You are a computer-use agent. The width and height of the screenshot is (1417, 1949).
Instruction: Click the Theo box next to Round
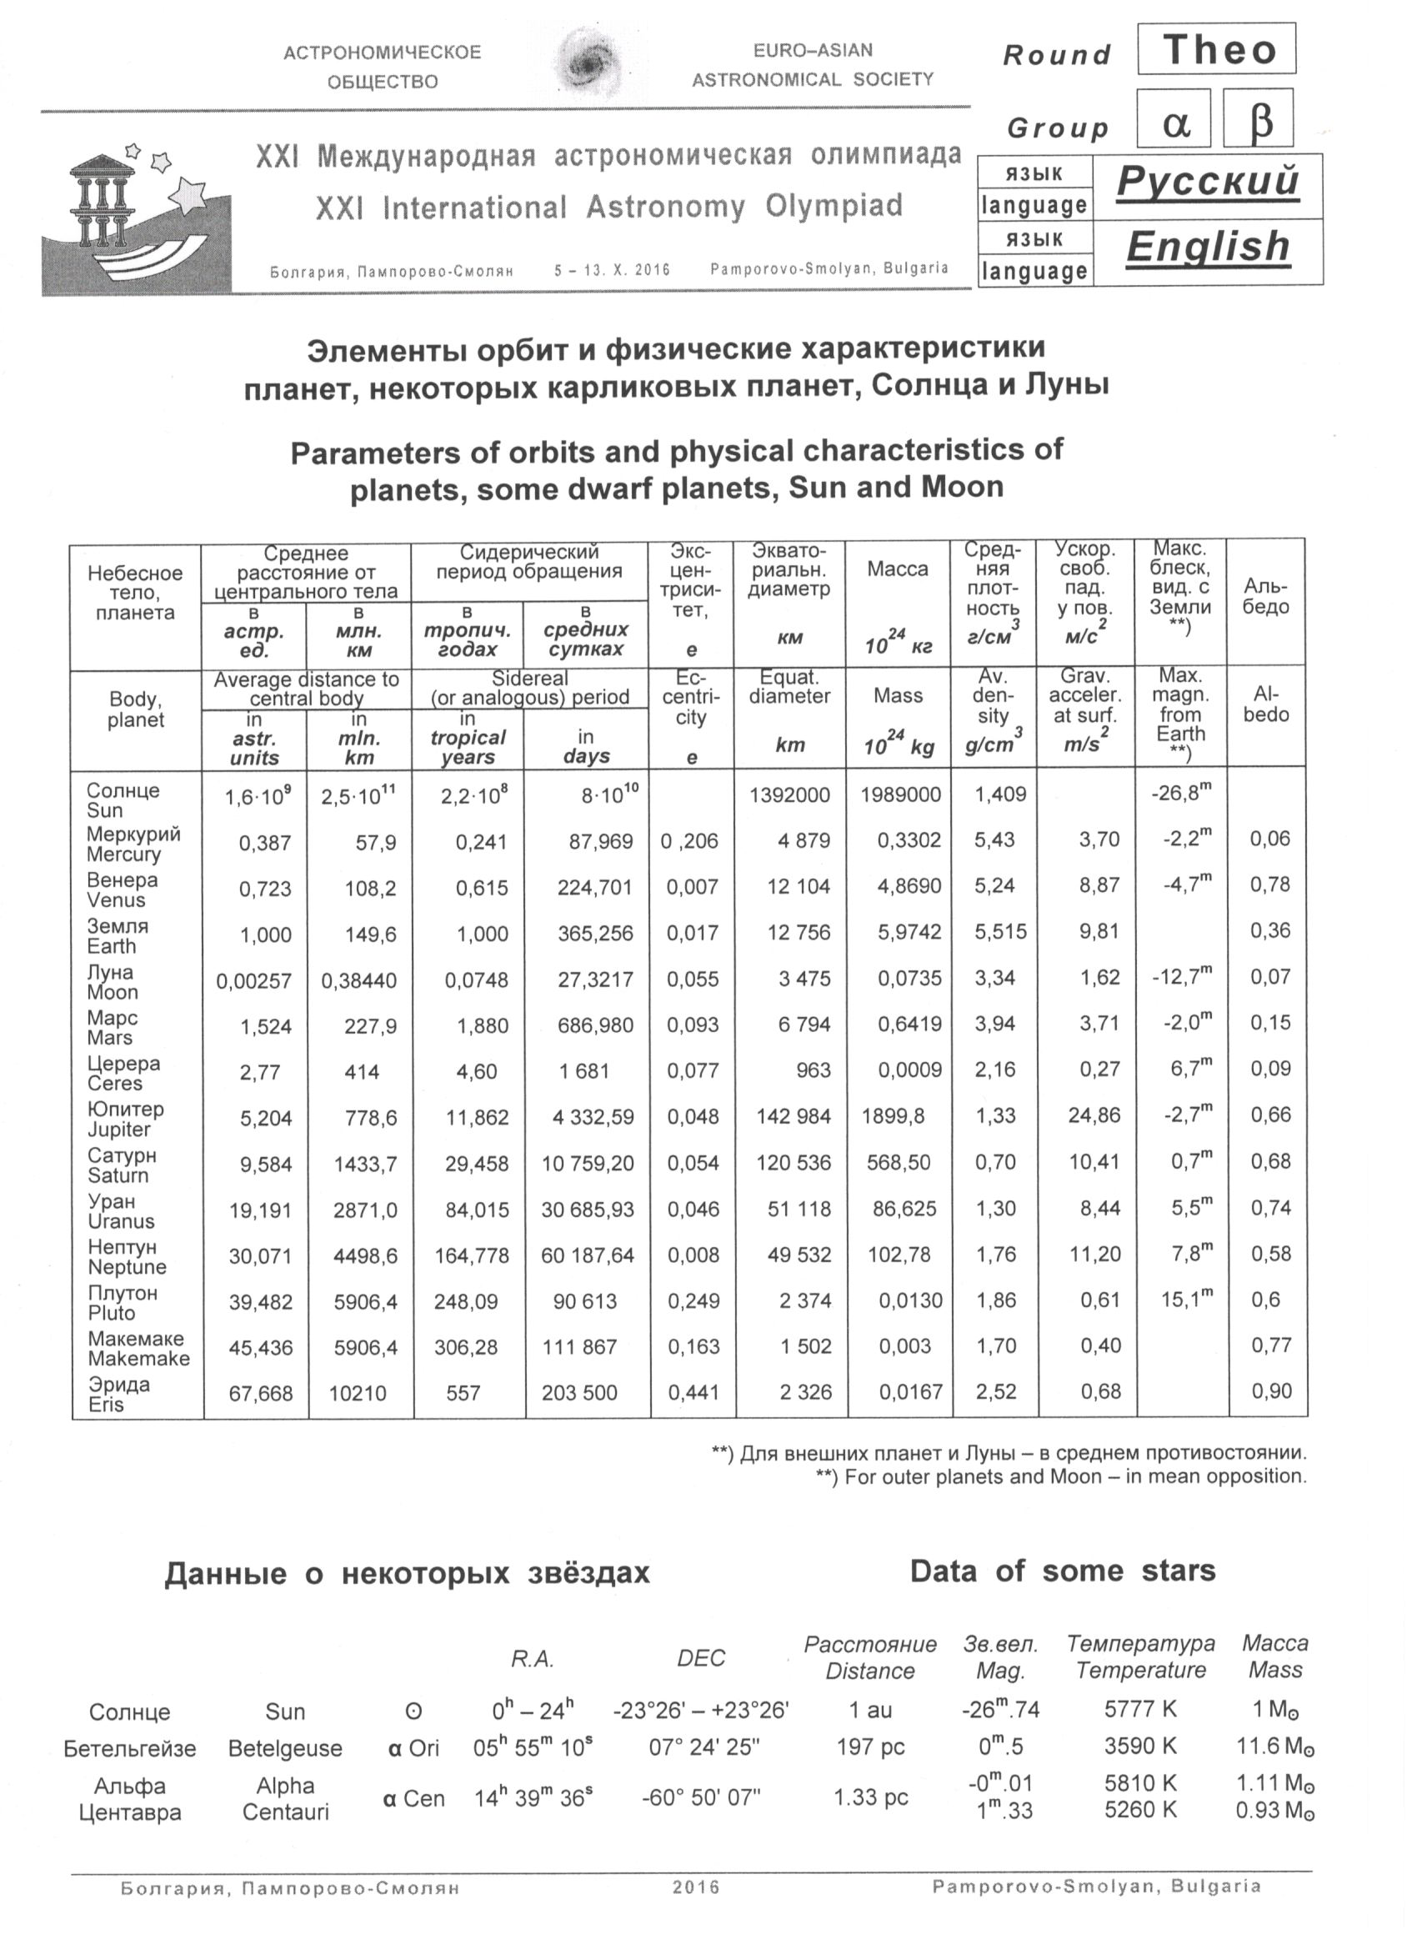pos(1216,50)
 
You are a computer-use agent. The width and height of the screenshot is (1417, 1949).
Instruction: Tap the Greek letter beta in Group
pos(1259,120)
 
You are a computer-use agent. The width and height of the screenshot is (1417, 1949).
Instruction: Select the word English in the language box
pos(1207,248)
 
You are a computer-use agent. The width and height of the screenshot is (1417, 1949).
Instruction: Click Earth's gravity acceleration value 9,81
pos(1099,931)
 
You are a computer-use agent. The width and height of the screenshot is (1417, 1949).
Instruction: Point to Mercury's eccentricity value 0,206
pos(689,841)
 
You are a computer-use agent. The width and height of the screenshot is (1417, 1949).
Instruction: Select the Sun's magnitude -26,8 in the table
pos(1179,793)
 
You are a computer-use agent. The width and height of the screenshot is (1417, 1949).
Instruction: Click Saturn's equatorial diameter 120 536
pos(794,1163)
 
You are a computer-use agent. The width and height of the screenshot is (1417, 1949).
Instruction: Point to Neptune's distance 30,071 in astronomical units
pos(259,1256)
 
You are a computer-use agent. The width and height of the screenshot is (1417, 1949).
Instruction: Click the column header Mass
pos(897,696)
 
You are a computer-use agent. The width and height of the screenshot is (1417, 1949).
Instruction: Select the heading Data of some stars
pos(1062,1571)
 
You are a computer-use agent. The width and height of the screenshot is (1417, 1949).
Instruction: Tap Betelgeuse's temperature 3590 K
pos(1140,1746)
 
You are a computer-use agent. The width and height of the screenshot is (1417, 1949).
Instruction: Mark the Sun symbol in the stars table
pos(413,1711)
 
